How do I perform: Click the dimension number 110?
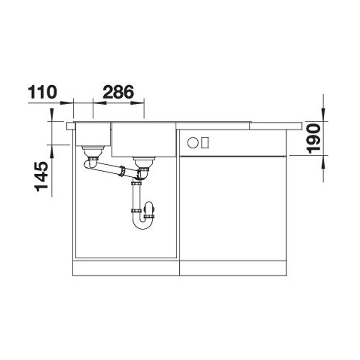42,92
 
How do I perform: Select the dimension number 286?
118,92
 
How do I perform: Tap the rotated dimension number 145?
41,176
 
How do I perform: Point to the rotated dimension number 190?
314,138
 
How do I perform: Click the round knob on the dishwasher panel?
193,143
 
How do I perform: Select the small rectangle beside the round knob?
205,143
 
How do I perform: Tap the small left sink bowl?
93,134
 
